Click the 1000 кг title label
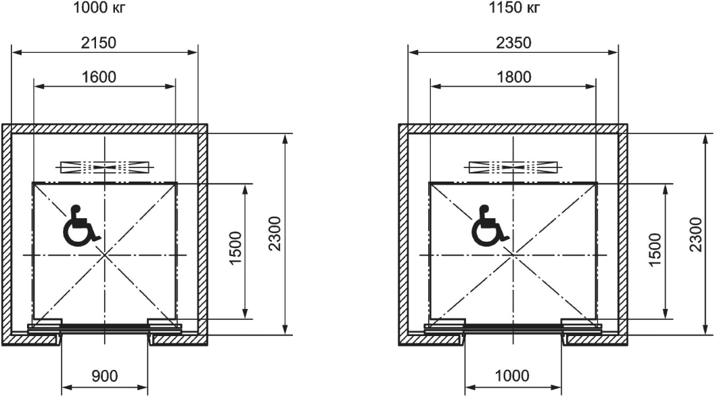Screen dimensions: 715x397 point(99,7)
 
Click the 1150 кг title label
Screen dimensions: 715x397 point(514,7)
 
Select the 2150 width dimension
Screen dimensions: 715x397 point(99,43)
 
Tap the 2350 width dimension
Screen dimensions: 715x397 point(514,43)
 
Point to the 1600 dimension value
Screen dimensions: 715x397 point(99,77)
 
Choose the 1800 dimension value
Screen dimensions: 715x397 point(514,77)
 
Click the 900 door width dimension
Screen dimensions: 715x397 point(104,376)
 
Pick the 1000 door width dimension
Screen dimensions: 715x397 point(512,376)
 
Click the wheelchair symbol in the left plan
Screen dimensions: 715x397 point(80,226)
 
